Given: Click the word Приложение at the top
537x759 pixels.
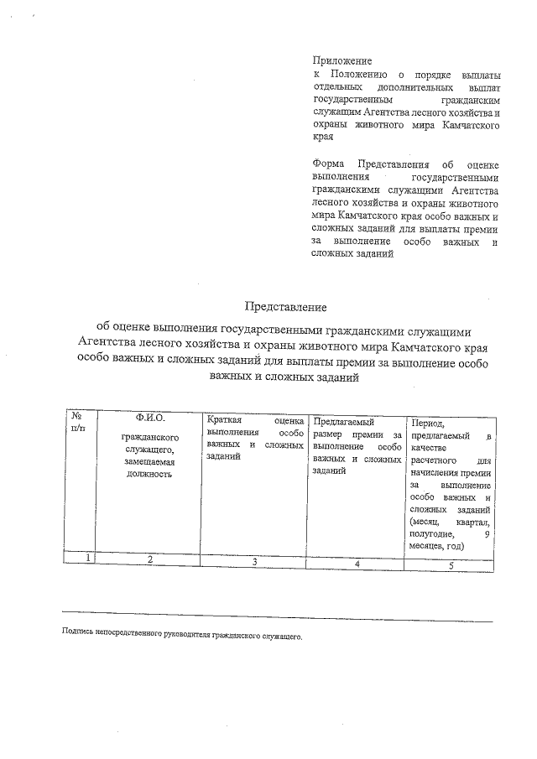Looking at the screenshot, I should point(341,62).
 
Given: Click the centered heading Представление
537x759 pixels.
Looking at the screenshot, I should point(284,307).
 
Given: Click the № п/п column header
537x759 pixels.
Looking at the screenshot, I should point(77,423).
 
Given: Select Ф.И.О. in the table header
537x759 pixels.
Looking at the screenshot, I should point(150,418).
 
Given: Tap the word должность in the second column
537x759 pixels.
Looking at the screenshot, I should point(150,474).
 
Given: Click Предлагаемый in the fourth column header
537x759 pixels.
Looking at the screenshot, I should point(343,421).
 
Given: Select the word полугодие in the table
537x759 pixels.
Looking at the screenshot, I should point(432,533).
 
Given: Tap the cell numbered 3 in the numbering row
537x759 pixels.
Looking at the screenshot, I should point(253,561).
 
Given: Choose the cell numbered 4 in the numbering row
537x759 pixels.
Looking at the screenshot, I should point(357,564).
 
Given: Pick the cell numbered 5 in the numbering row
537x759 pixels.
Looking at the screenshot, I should point(451,565).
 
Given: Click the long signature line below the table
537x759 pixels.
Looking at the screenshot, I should point(277,619).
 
